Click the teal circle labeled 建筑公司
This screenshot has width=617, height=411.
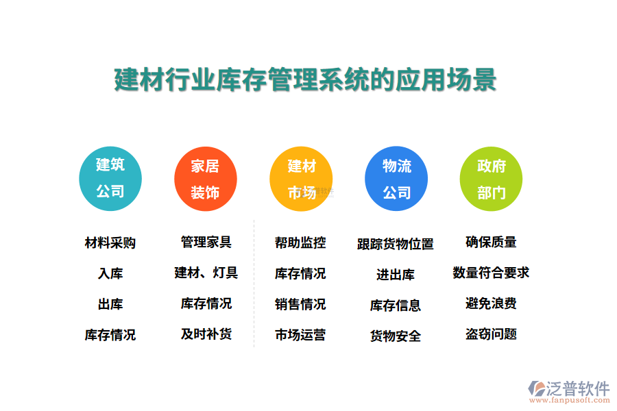[110, 179]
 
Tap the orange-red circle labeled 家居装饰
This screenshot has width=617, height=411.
[205, 179]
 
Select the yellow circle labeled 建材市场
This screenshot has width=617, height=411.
[301, 179]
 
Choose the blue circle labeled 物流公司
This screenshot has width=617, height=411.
[396, 179]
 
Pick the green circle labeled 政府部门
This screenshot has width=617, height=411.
[491, 179]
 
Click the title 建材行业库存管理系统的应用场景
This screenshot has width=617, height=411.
[305, 79]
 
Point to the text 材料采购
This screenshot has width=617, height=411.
[110, 243]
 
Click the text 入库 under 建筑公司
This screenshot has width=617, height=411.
[110, 274]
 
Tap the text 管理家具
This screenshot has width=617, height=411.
[206, 242]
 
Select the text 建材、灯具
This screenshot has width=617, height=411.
[206, 273]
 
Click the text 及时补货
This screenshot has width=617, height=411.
[206, 334]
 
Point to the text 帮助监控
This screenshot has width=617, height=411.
[300, 242]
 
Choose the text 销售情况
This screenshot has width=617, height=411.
[300, 304]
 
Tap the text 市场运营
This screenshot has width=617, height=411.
[300, 335]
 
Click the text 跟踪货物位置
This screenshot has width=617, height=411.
[396, 244]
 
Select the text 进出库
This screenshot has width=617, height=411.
[396, 275]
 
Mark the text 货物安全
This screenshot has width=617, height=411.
[396, 336]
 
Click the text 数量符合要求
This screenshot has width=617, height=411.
[491, 273]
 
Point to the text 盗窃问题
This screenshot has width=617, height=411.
[491, 334]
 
